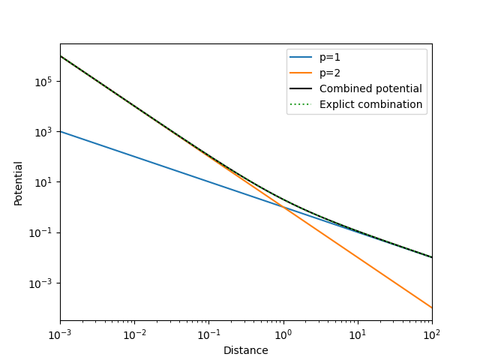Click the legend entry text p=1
[331, 57]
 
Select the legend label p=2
[331, 73]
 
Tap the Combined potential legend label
[370, 88]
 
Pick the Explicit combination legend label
[370, 104]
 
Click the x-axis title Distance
[246, 350]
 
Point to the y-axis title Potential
[19, 183]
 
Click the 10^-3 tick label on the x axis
[60, 334]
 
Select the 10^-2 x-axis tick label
[134, 334]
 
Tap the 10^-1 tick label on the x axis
[208, 334]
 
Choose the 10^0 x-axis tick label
[283, 334]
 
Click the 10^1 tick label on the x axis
[358, 334]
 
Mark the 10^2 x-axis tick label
[432, 334]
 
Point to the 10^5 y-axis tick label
[42, 82]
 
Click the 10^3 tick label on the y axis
[42, 132]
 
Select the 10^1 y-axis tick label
[42, 182]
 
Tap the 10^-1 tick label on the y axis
[40, 232]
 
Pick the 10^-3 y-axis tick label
[40, 283]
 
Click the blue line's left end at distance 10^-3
[60, 131]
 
